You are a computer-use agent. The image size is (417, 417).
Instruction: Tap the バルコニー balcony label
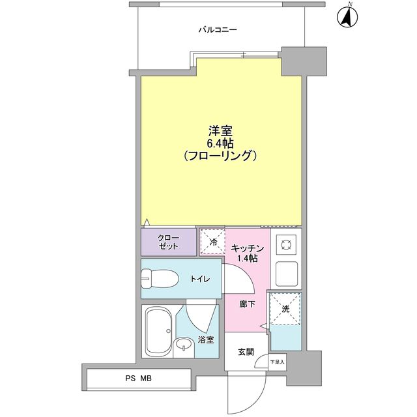(218, 29)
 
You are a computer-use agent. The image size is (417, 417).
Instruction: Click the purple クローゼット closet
(168, 242)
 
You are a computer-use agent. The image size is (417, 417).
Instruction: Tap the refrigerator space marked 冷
(212, 242)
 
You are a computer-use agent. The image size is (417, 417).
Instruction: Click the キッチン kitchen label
(248, 248)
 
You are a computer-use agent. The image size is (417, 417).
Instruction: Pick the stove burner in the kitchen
(285, 246)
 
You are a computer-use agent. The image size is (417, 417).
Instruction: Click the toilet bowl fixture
(160, 279)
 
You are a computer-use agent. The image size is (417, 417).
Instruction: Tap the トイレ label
(199, 279)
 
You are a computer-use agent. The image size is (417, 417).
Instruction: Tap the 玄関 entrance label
(246, 352)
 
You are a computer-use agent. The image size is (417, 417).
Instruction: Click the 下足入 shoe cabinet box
(278, 362)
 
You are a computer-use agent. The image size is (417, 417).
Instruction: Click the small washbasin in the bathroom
(185, 346)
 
